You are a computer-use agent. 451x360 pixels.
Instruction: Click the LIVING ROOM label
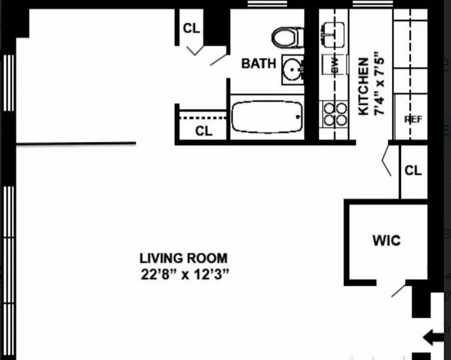point(183,258)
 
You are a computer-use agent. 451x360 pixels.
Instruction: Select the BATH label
point(259,63)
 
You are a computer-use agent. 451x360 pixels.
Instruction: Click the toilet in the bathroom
point(287,37)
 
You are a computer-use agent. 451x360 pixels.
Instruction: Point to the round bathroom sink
point(292,68)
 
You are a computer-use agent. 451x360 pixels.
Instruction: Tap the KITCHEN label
point(362,86)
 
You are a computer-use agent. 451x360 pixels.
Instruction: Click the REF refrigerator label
point(412,120)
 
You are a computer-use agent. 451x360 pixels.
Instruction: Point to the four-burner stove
point(334,114)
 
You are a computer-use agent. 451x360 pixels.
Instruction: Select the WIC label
point(386,240)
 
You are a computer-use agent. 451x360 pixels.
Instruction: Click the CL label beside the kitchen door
point(413,171)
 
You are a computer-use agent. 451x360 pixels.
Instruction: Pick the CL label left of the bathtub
point(204,131)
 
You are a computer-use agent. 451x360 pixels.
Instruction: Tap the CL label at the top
point(191,28)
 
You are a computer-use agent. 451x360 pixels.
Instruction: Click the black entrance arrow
point(433,338)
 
